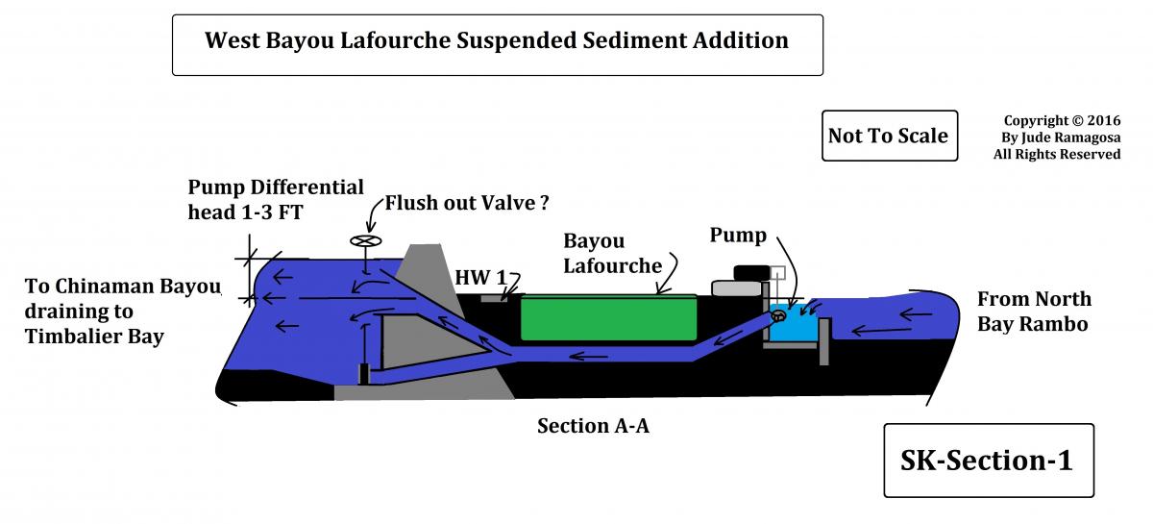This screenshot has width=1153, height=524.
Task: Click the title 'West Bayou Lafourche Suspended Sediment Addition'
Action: click(497, 42)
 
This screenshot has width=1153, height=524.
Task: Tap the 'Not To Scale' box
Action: click(888, 136)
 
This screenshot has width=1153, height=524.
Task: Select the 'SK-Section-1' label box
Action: click(988, 460)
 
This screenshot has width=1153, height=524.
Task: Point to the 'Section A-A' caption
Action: click(593, 426)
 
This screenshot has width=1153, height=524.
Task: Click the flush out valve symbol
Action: click(366, 242)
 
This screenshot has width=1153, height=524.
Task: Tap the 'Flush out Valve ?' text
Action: click(467, 203)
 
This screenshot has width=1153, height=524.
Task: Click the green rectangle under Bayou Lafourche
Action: click(609, 318)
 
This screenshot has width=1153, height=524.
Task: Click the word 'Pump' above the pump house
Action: click(737, 236)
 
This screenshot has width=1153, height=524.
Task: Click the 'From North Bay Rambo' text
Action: click(1034, 311)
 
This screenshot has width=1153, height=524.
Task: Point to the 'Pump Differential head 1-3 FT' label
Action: click(276, 199)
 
